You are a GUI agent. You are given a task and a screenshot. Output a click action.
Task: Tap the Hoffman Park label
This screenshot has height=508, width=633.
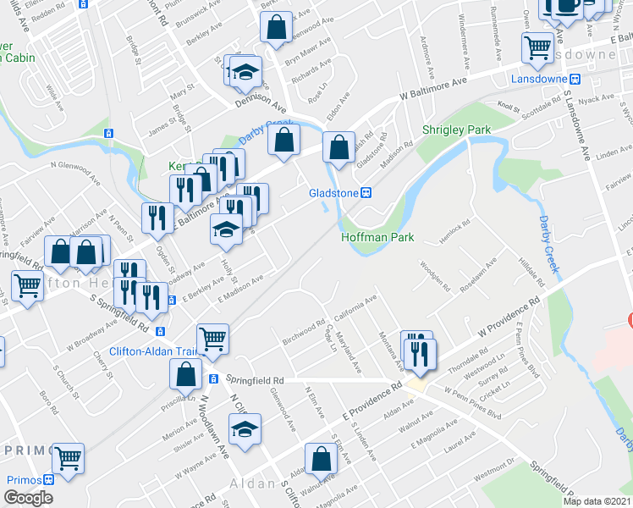[377, 238]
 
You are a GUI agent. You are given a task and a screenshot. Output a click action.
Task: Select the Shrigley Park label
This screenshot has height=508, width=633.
[457, 130]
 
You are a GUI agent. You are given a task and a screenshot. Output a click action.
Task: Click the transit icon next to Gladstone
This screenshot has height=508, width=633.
[367, 192]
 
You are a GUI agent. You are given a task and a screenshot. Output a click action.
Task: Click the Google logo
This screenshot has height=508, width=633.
[28, 498]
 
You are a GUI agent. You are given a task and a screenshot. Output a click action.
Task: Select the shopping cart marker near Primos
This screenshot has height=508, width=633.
[68, 459]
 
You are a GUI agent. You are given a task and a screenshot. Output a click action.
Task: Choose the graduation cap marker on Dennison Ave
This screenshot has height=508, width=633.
[246, 72]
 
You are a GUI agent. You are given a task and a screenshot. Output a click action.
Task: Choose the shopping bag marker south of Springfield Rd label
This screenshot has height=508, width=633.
[322, 461]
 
